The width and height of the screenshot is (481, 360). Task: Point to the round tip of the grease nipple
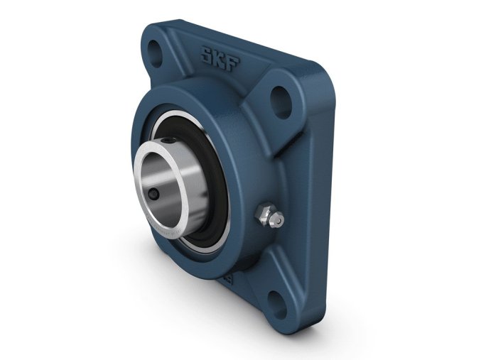pos(279,221)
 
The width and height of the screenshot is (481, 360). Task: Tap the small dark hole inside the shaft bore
pos(153,194)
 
